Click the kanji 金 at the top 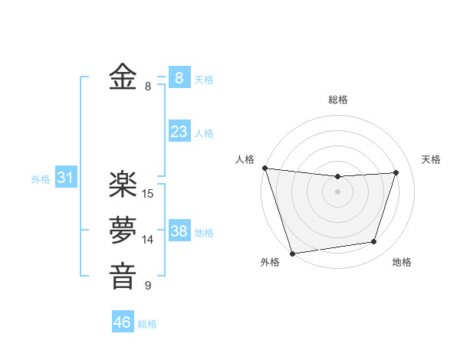pyautogui.click(x=123, y=78)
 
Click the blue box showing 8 pyautogui.click(x=179, y=77)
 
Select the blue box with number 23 pyautogui.click(x=179, y=132)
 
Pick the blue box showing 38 pyautogui.click(x=179, y=231)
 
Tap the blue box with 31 pyautogui.click(x=65, y=178)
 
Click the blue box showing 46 pyautogui.click(x=122, y=322)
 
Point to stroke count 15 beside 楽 pyautogui.click(x=148, y=194)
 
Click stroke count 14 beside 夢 pyautogui.click(x=148, y=240)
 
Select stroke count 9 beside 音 pyautogui.click(x=148, y=286)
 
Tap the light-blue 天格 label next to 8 pyautogui.click(x=204, y=79)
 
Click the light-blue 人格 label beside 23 pyautogui.click(x=204, y=133)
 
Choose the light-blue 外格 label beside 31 pyautogui.click(x=41, y=179)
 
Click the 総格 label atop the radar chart pyautogui.click(x=337, y=100)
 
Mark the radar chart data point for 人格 pyautogui.click(x=264, y=168)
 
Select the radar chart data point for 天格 pyautogui.click(x=396, y=172)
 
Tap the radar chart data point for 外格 pyautogui.click(x=293, y=253)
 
